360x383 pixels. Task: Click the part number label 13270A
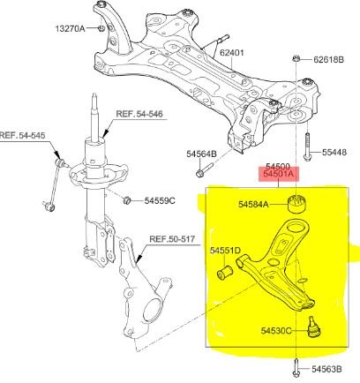coord(70,28)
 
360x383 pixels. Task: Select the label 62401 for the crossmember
coord(232,53)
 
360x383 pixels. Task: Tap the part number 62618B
coord(328,59)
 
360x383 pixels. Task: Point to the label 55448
coord(334,152)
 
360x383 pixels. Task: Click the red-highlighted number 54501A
coord(279,174)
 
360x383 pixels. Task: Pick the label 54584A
coord(253,204)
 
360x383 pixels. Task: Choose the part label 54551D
coord(225,251)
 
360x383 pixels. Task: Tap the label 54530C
coord(276,331)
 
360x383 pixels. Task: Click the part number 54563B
coord(326,369)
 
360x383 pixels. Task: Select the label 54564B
coord(201,154)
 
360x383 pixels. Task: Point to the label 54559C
coord(160,200)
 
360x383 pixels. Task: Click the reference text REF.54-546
coord(139,114)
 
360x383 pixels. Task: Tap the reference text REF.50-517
coord(172,239)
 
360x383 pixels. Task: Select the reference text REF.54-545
coord(23,135)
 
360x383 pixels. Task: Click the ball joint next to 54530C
coord(313,327)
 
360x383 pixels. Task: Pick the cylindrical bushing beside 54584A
coord(296,203)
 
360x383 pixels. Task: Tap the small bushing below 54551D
coord(225,272)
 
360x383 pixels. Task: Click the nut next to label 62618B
coord(296,58)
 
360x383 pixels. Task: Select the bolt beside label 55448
coord(307,146)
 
